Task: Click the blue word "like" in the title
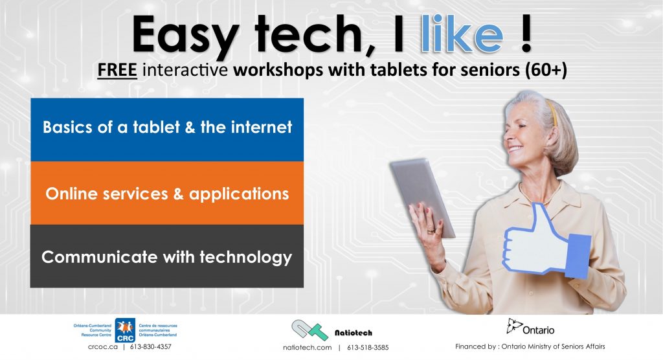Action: pos(462,34)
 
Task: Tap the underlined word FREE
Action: pos(117,70)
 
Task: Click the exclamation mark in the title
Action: pos(526,34)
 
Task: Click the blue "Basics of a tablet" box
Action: pos(167,130)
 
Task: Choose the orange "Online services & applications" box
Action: pos(167,193)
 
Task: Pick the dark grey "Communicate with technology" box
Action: pos(167,256)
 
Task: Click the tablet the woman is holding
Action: pos(421,197)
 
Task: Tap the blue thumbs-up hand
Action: pos(545,243)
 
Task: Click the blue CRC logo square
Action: pos(125,330)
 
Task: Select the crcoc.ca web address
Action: pos(103,347)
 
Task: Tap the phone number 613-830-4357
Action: pos(150,347)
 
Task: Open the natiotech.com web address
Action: pos(308,348)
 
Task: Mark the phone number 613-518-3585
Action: pos(368,348)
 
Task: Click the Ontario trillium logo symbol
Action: pos(514,326)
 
